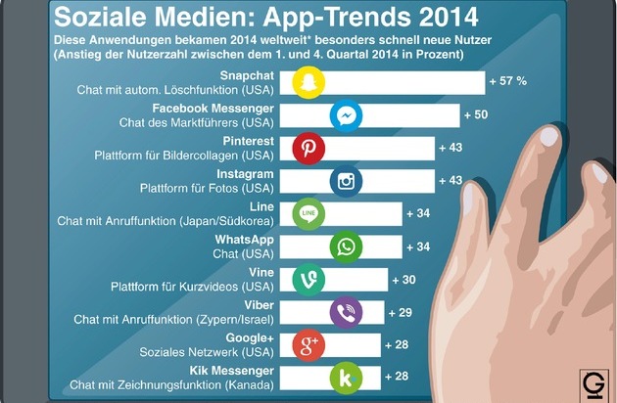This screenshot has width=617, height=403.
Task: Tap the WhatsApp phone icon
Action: pos(347,246)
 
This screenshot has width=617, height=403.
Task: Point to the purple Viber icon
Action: pos(347,312)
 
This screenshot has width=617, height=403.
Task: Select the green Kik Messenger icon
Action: pos(347,378)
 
